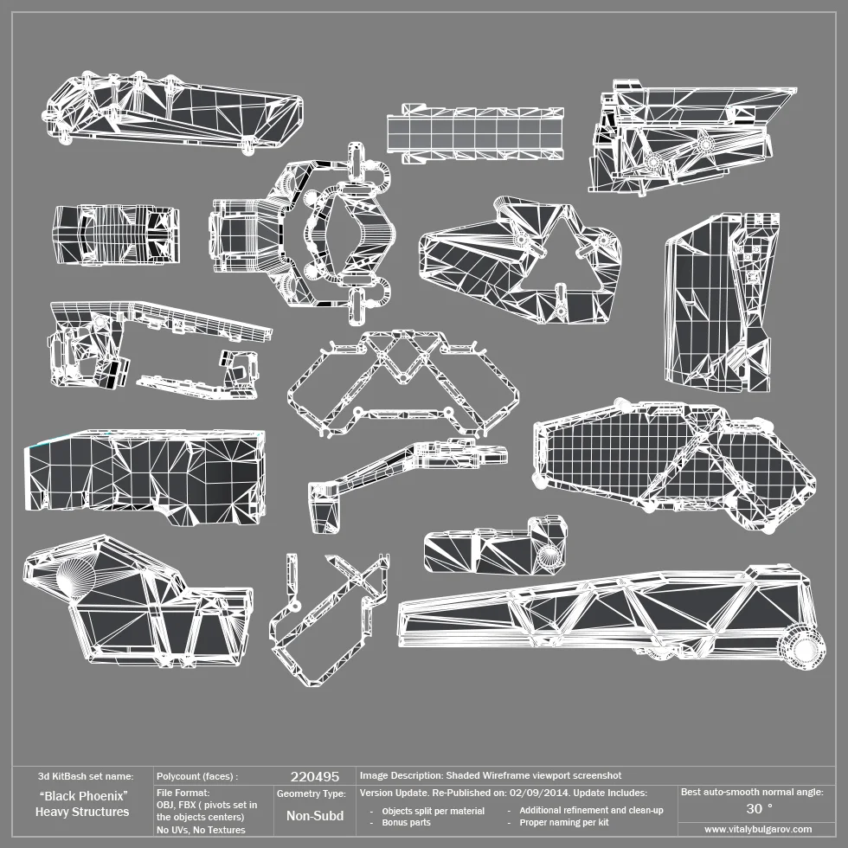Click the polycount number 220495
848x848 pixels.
coord(314,776)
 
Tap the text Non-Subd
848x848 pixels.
coord(314,815)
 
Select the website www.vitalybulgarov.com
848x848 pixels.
coord(758,829)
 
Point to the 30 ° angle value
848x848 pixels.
coord(759,808)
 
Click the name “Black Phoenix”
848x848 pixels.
coord(84,795)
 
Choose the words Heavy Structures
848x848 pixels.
coord(82,812)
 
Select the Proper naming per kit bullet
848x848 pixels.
coord(564,822)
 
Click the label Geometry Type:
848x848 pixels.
coord(312,793)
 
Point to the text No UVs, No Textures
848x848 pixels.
coord(201,830)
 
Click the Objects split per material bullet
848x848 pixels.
coord(433,811)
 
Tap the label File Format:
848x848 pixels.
coord(183,792)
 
